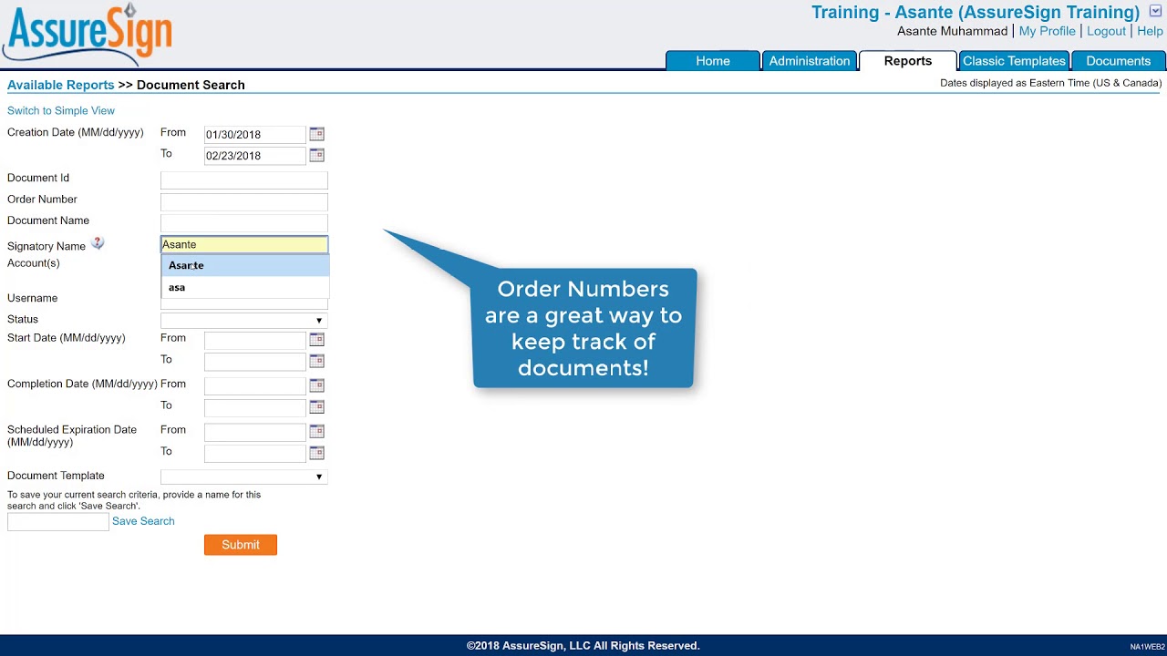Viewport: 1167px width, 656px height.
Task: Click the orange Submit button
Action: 240,545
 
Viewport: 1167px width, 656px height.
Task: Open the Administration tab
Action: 809,61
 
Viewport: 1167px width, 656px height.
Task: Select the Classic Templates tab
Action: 1014,61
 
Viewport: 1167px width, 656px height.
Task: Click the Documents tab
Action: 1118,61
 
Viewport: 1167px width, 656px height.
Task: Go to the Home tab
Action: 712,61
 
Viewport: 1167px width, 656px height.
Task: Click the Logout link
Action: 1106,31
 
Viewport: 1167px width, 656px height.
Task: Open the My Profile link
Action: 1047,31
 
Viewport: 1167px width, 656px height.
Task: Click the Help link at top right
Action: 1150,31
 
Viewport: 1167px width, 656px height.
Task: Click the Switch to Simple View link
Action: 61,110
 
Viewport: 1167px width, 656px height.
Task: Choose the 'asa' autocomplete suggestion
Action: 177,287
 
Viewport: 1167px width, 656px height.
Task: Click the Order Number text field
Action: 243,201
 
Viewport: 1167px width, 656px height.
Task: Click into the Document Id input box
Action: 243,179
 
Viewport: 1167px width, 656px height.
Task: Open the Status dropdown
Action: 243,320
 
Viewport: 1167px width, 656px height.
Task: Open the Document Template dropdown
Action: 243,477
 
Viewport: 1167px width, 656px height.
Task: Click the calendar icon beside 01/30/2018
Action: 316,134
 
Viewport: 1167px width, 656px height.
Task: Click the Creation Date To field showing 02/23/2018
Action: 254,156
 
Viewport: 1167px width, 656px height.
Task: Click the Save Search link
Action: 143,521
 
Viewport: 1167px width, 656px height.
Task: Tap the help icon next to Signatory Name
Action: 98,243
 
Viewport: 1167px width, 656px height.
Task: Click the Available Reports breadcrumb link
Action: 60,85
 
